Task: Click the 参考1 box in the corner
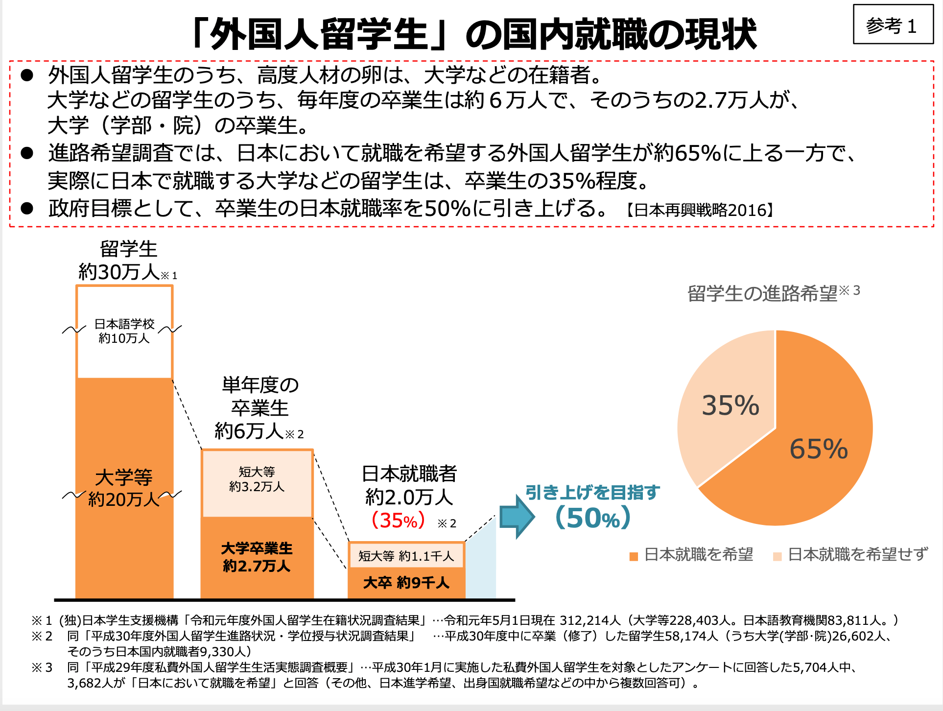point(893,25)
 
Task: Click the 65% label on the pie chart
point(819,449)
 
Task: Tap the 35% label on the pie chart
point(730,405)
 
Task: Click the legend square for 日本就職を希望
point(634,556)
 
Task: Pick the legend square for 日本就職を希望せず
point(777,556)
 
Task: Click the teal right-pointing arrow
point(517,516)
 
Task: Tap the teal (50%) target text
point(593,518)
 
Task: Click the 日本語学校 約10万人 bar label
point(124,331)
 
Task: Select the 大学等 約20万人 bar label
point(124,488)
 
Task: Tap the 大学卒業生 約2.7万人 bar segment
point(257,557)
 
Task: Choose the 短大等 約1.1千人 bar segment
point(406,556)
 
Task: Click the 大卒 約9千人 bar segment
point(406,583)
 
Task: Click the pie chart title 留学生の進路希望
point(763,293)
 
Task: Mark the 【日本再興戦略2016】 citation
point(700,210)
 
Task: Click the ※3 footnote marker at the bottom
point(42,667)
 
